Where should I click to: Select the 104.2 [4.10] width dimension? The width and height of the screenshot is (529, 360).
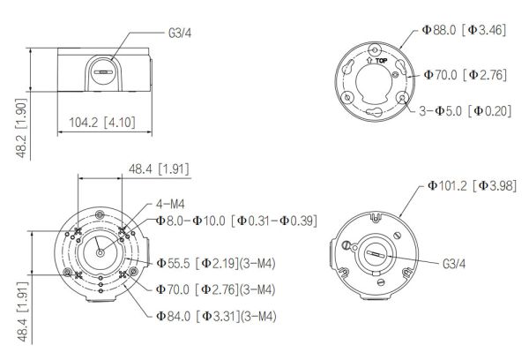click(x=101, y=121)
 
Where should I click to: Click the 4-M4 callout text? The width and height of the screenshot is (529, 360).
click(x=170, y=203)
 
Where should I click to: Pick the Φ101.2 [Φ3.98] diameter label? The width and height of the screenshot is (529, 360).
click(x=472, y=185)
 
